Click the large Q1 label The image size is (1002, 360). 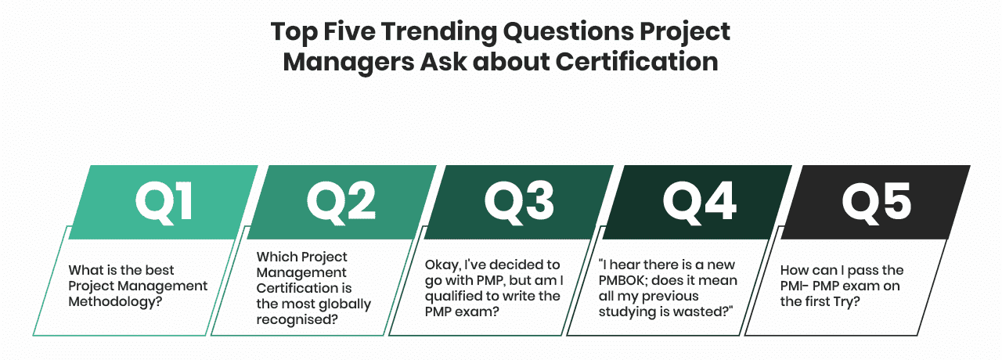tap(164, 202)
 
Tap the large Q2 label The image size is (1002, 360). tap(341, 202)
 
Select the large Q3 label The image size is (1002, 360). tap(519, 202)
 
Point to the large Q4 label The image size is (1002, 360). tap(699, 202)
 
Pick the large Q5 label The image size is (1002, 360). tap(876, 202)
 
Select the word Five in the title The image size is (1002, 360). tap(349, 31)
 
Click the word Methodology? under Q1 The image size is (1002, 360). tap(115, 302)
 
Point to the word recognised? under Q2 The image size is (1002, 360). tap(297, 320)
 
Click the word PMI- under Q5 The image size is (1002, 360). tap(795, 286)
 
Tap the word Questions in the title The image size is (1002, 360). tap(568, 33)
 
